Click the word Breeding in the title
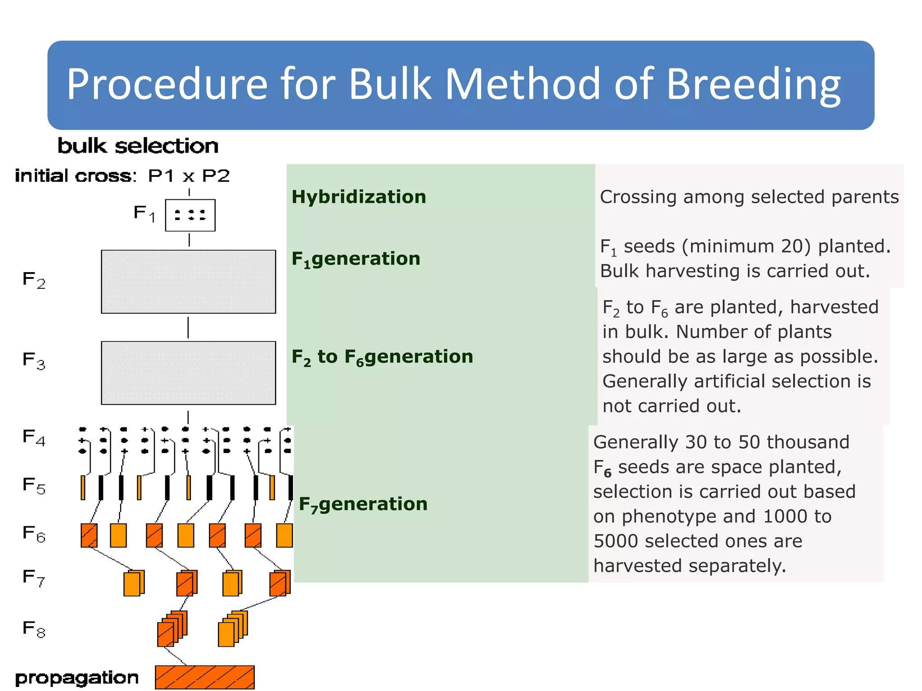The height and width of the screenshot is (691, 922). coord(753,84)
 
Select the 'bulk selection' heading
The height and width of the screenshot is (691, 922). coord(138,146)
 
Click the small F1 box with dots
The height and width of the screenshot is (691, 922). coord(190,215)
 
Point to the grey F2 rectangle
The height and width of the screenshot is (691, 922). coord(188,282)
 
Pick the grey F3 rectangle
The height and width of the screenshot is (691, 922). coord(188,373)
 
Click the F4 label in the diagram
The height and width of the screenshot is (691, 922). coord(34,437)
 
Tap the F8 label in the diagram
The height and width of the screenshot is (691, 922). coord(34,628)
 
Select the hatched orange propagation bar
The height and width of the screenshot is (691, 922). coord(204,677)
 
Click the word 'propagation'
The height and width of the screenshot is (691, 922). coord(77,678)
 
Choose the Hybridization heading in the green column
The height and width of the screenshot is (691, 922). coord(358,197)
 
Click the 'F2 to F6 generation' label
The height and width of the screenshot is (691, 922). coord(382,357)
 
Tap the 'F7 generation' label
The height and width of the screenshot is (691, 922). coord(363,504)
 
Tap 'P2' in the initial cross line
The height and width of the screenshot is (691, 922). coord(216,176)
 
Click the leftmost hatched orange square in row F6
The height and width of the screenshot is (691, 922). coord(89,535)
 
